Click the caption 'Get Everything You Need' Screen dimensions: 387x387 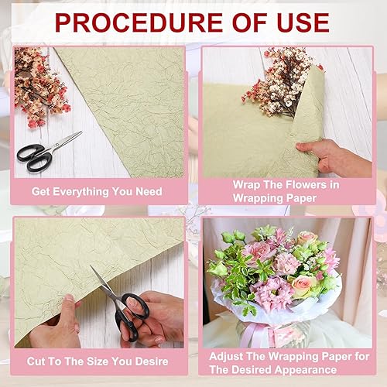click(x=97, y=190)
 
